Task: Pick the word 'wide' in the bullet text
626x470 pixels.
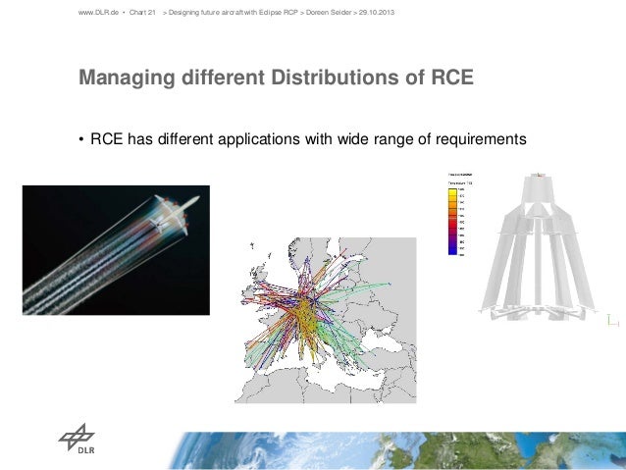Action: (x=353, y=140)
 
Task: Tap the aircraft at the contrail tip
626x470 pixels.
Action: (x=181, y=208)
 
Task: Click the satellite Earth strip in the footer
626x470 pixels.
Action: (x=392, y=450)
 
